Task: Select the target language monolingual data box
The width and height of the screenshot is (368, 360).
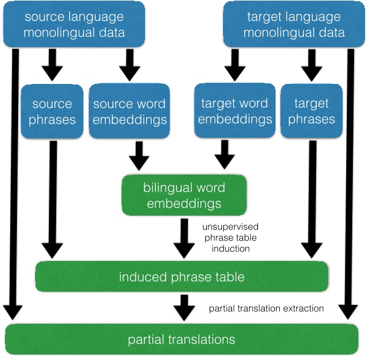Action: point(294,24)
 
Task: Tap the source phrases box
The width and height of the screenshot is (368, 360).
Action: point(51,111)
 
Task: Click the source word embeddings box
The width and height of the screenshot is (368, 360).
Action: point(130,111)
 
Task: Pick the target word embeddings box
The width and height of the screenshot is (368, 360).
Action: point(235,111)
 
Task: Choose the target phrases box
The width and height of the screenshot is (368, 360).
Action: point(311,111)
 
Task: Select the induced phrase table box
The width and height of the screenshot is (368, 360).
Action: point(181,277)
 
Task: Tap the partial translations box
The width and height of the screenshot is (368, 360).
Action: point(181,339)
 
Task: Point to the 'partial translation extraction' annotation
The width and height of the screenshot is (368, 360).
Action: point(266,308)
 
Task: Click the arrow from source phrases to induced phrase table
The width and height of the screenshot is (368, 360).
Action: point(53,199)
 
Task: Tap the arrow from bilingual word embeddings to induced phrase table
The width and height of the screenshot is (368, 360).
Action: point(183,239)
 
